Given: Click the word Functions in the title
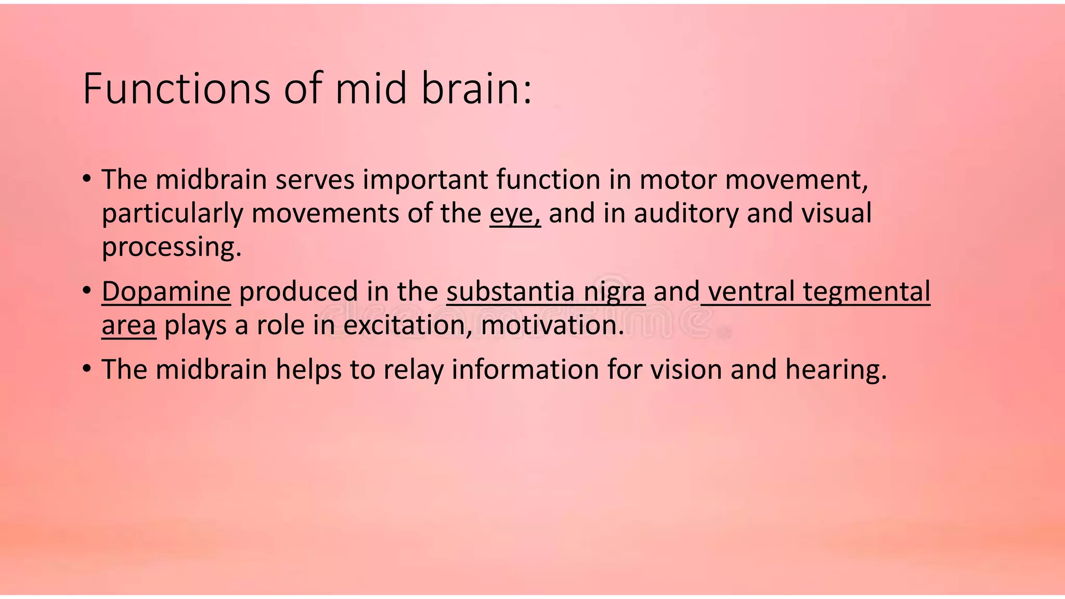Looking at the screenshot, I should [x=176, y=88].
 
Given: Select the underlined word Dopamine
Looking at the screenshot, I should [x=166, y=291].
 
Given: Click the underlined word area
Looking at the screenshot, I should [x=128, y=325].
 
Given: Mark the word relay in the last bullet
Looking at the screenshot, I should [x=413, y=370].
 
